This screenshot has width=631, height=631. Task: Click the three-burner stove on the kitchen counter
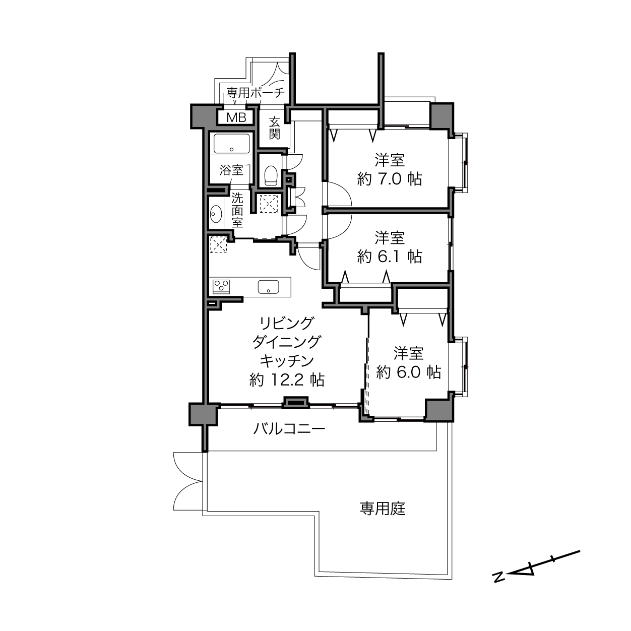[221, 287]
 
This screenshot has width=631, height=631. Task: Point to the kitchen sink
[268, 287]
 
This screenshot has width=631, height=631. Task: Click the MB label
[236, 117]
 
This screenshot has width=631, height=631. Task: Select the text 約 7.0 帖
[390, 179]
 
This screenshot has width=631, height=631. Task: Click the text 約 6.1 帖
[390, 257]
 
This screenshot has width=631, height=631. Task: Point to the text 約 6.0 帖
[408, 372]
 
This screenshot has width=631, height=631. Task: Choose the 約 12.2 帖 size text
[287, 381]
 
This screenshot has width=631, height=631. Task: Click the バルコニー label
[289, 428]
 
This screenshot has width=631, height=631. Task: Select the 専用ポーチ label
[256, 93]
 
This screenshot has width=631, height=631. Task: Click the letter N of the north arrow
[499, 577]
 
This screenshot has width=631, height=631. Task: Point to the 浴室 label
[231, 170]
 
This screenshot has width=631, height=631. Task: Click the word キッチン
[287, 361]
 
